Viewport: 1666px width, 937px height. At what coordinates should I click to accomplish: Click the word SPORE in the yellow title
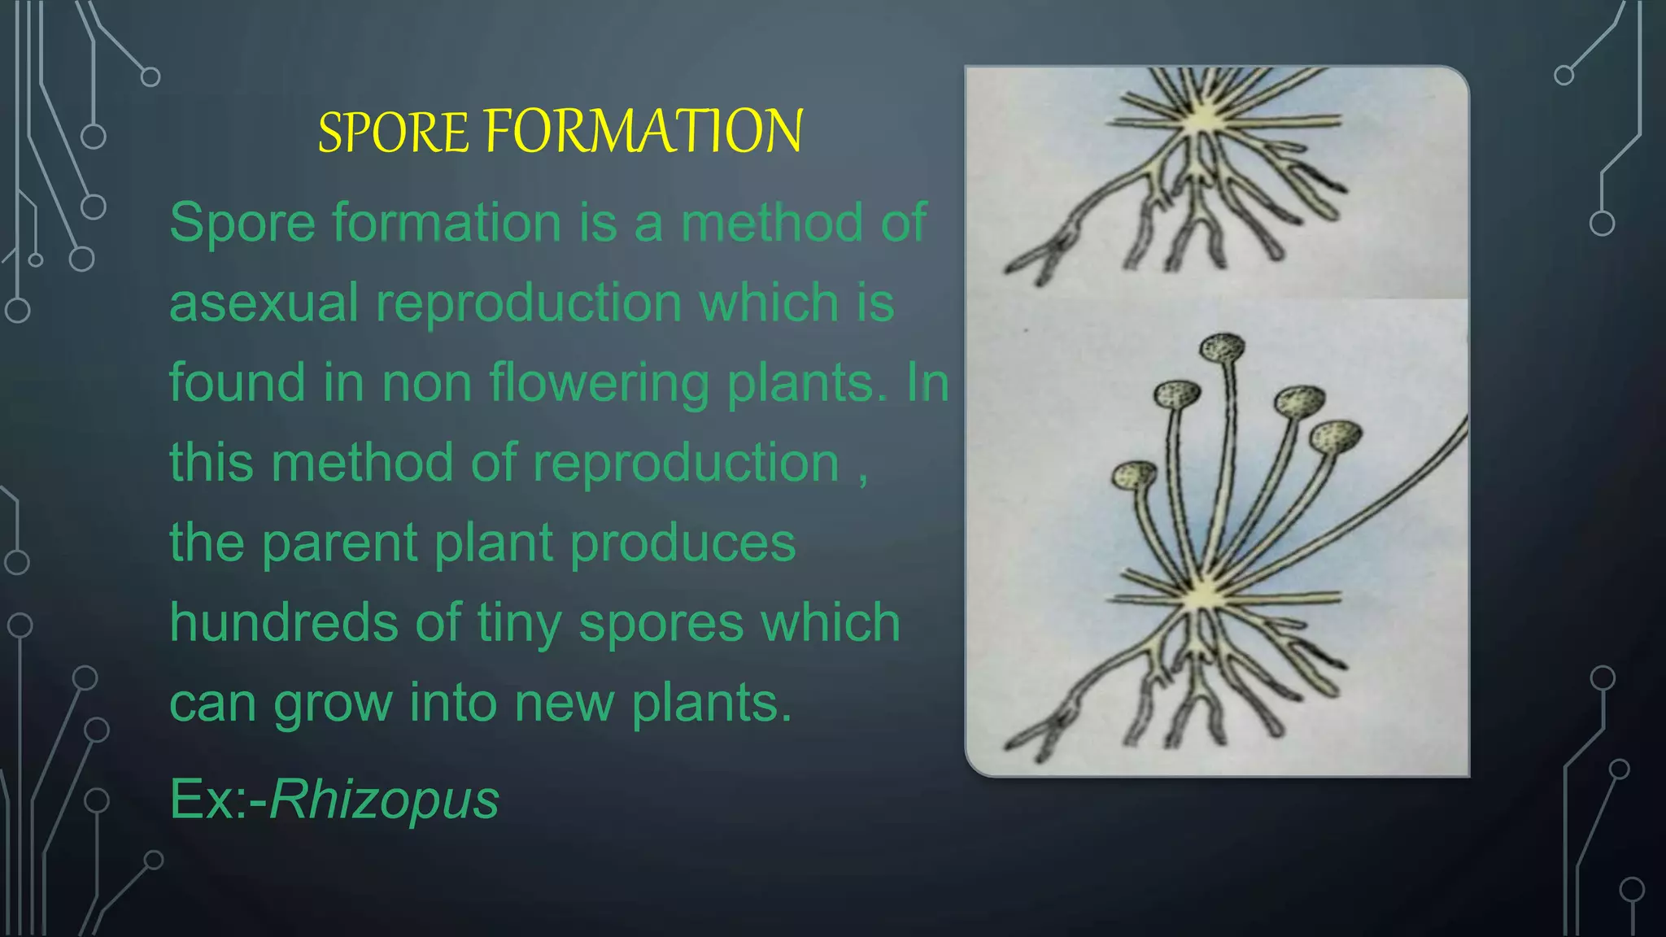[x=393, y=132]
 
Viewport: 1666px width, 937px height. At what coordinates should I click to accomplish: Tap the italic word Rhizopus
[x=383, y=800]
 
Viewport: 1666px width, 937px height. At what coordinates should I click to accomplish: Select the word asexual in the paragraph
[x=264, y=303]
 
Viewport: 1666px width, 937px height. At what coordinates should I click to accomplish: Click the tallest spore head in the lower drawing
[x=1223, y=348]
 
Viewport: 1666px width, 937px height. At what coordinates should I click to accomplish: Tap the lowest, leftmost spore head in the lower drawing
[x=1134, y=475]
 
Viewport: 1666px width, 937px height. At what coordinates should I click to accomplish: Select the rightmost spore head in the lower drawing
[x=1335, y=438]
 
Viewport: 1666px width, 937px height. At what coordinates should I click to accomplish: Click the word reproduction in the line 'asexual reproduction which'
[x=528, y=303]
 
